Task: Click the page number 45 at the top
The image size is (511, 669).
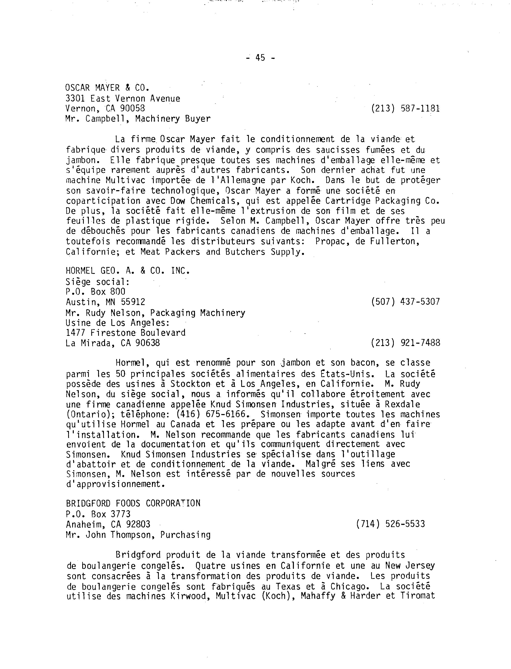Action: [260, 58]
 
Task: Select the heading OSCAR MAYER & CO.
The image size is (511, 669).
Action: [107, 88]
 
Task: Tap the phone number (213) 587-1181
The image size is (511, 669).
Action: [405, 109]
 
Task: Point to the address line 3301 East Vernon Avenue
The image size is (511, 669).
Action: [123, 98]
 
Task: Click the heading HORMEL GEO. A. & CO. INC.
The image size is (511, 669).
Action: [128, 271]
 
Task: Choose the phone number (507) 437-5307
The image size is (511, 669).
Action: [405, 302]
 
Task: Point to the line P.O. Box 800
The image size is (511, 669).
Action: [95, 292]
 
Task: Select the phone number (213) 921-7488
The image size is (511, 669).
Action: [405, 343]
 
